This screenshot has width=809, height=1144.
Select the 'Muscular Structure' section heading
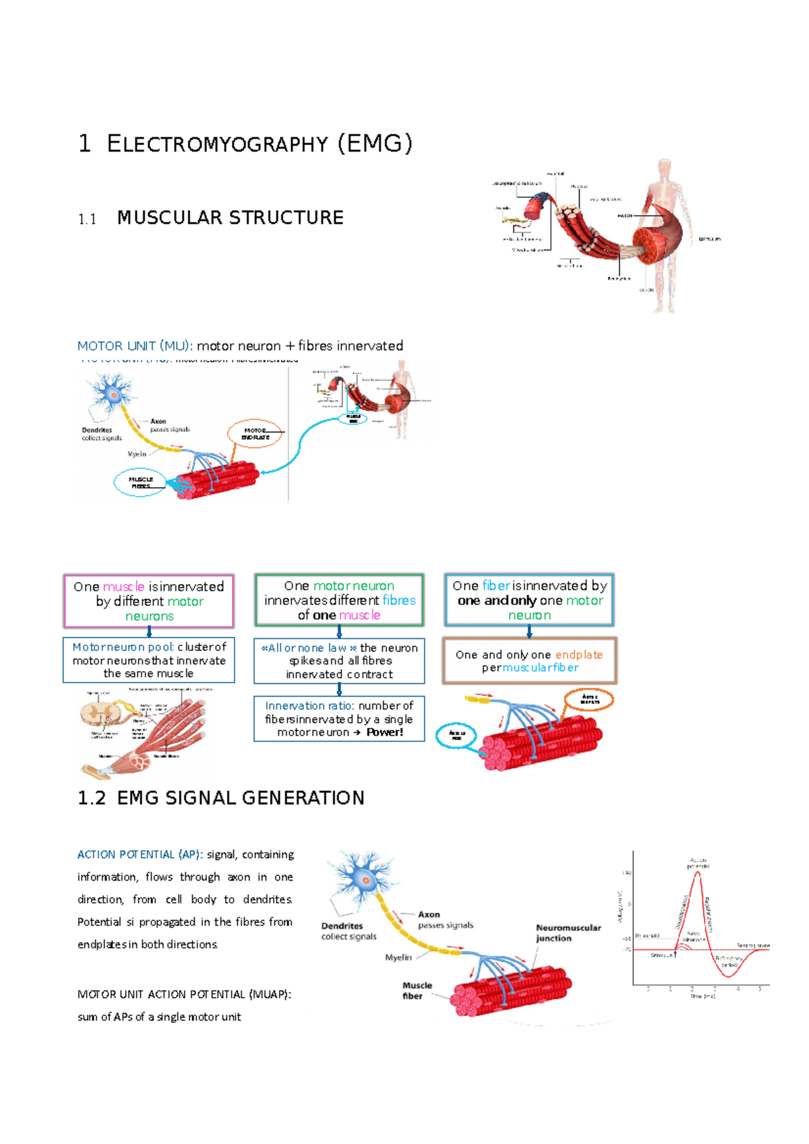[230, 218]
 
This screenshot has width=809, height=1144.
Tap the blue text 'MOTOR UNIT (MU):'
[135, 346]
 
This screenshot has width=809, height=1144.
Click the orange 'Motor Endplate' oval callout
[255, 434]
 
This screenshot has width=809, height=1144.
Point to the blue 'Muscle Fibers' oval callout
[140, 482]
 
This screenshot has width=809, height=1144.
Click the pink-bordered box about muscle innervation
[148, 601]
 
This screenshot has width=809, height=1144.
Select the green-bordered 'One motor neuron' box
[339, 600]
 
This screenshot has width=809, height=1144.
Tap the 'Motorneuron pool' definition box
[148, 660]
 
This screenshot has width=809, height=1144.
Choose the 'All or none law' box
[339, 660]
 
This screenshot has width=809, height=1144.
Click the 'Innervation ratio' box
[339, 719]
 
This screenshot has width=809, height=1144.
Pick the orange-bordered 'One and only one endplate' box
[529, 661]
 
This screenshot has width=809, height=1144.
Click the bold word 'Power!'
[385, 732]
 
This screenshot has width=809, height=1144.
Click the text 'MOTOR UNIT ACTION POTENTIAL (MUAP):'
[184, 994]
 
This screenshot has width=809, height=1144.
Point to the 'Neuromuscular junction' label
[568, 932]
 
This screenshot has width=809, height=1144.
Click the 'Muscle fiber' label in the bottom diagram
[417, 990]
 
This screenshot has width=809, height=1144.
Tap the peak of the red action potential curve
[698, 872]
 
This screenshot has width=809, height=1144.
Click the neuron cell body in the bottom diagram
[365, 880]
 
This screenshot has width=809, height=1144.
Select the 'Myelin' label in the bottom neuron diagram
[398, 957]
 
